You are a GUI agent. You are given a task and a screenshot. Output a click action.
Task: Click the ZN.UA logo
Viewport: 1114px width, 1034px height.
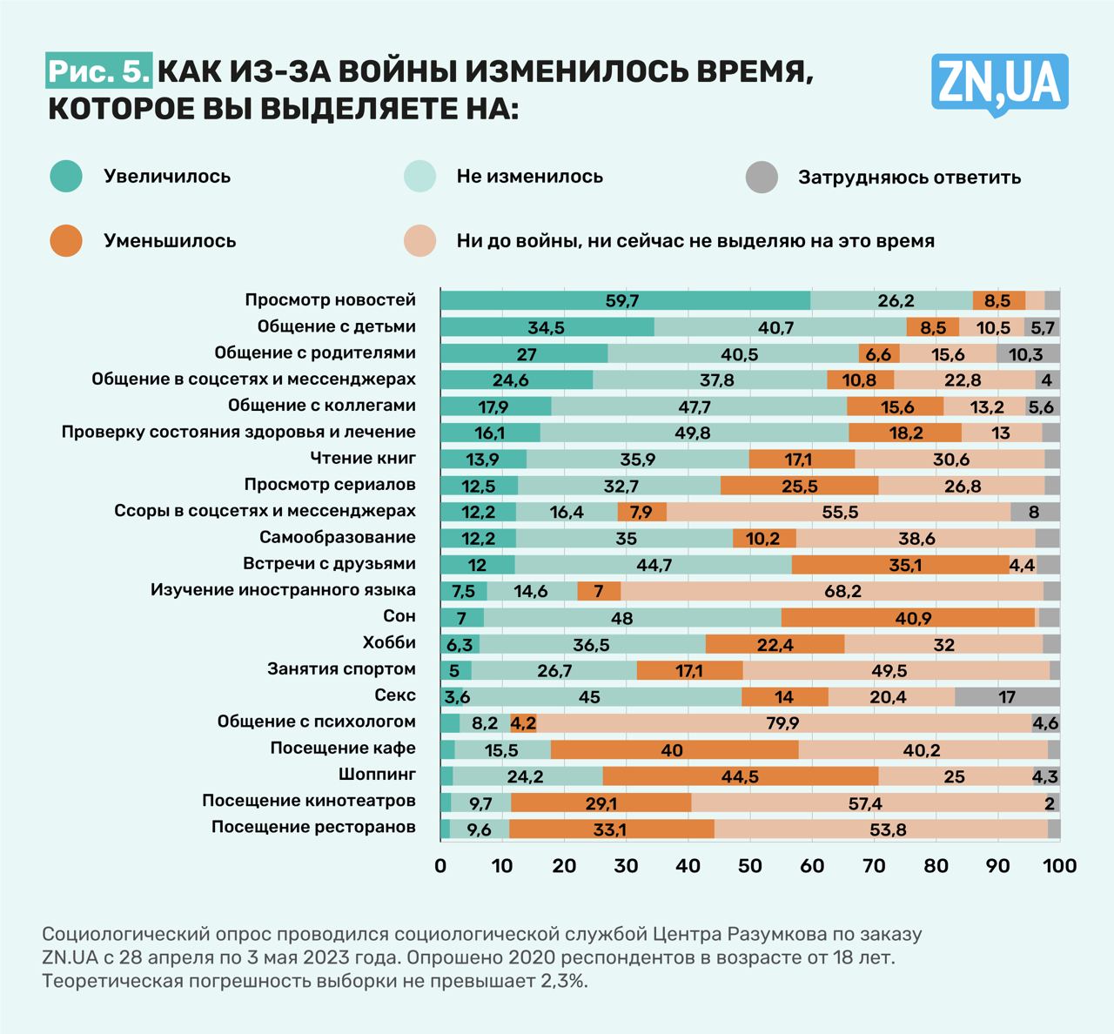(x=999, y=84)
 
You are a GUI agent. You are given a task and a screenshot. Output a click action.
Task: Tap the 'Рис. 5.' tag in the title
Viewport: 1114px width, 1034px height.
(x=98, y=72)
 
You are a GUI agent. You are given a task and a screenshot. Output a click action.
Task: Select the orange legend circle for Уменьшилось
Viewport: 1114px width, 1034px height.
(x=66, y=241)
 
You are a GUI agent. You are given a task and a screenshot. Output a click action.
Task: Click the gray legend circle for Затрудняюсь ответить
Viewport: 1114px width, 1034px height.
(x=762, y=178)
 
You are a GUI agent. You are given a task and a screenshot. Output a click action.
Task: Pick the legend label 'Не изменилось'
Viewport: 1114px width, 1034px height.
(x=529, y=177)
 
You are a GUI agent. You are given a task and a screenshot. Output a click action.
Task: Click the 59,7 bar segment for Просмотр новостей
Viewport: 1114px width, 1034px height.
(x=623, y=301)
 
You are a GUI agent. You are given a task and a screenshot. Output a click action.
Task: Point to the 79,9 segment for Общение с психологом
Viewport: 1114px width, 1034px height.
(x=782, y=723)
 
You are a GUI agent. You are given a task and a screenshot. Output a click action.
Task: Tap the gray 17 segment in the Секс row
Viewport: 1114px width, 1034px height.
(x=1007, y=697)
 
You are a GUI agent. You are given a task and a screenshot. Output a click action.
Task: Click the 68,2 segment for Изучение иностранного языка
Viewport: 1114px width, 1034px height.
(x=842, y=592)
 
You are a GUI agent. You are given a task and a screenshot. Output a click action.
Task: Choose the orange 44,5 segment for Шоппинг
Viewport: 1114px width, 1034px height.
(x=740, y=776)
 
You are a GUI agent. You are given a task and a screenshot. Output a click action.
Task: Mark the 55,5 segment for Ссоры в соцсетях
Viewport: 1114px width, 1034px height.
(x=840, y=513)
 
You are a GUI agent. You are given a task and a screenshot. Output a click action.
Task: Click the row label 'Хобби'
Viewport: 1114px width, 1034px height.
(x=389, y=643)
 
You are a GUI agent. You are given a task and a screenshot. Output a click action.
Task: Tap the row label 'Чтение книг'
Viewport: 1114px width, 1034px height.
(x=363, y=458)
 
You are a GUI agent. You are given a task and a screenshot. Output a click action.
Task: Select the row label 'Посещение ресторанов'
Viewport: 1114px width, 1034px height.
(x=313, y=827)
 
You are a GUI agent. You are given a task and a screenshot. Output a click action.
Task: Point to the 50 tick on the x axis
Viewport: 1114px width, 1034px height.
(x=749, y=865)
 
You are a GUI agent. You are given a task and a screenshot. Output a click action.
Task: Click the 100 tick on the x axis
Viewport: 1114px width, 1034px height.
(x=1059, y=865)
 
